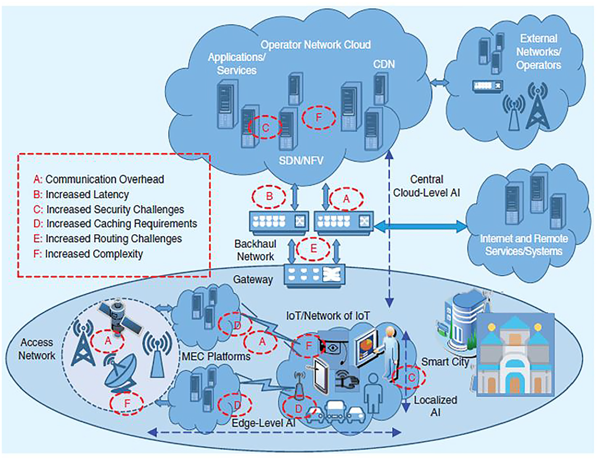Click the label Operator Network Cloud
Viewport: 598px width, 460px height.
(x=316, y=45)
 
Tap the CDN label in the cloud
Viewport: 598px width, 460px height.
(x=384, y=64)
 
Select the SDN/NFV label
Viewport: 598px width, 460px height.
(x=301, y=160)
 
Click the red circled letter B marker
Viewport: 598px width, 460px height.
(x=269, y=197)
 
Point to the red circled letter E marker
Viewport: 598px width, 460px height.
(x=313, y=249)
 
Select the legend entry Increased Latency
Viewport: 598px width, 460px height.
(x=81, y=195)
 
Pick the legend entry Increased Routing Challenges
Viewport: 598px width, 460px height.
(x=108, y=239)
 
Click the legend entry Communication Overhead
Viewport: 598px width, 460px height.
(x=99, y=180)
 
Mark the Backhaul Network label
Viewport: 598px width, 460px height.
(x=255, y=250)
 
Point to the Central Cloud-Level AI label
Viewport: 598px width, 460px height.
(x=426, y=186)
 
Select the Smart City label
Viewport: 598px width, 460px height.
(x=445, y=362)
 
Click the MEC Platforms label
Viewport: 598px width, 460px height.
(x=216, y=356)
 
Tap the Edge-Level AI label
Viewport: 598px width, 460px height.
(x=264, y=423)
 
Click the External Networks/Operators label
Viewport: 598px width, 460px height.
(x=538, y=52)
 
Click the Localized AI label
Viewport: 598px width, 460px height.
(x=435, y=406)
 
